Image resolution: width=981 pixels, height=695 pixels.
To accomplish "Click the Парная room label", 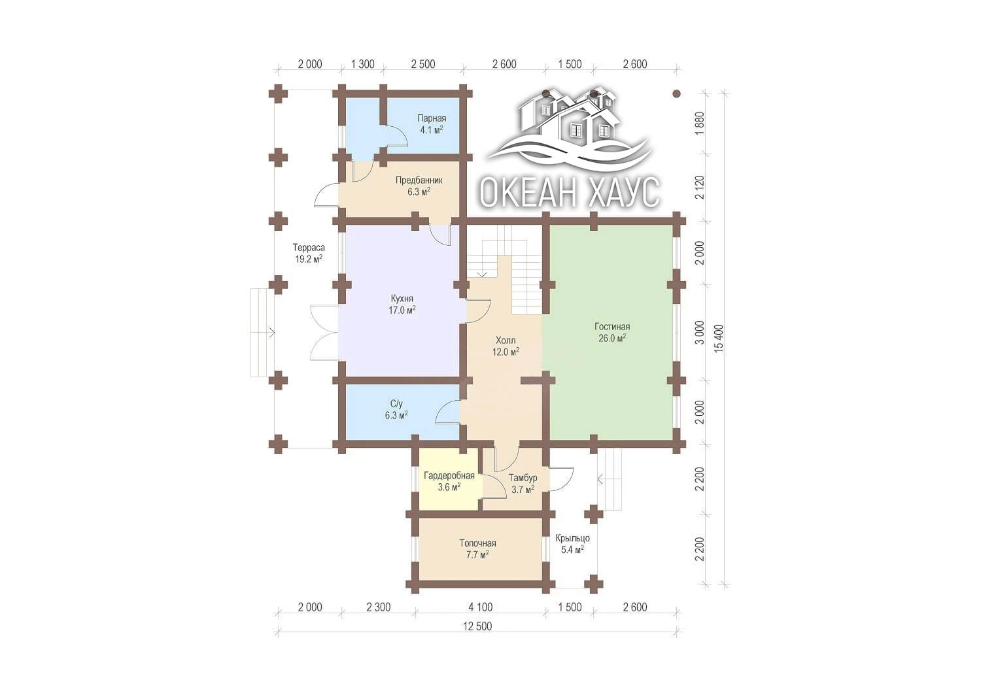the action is coord(432,124).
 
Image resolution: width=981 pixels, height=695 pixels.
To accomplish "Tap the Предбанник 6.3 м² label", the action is coord(419,186).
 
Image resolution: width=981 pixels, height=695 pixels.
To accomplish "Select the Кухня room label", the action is coord(402,305).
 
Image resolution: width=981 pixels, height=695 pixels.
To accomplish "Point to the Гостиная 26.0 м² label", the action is coord(611,332).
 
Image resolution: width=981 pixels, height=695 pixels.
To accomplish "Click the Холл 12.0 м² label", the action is coord(506,346).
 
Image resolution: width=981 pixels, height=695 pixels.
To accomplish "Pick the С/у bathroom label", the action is coord(396,409).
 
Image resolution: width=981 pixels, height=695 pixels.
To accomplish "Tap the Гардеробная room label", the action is coord(449,481).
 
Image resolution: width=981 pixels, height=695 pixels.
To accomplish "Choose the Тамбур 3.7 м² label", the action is coord(523,483).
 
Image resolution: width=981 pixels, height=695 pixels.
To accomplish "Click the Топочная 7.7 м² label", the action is coord(477,549).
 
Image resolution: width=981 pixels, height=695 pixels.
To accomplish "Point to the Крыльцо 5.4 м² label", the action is coord(572,543).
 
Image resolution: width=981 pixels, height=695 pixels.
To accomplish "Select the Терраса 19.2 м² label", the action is coord(309,253).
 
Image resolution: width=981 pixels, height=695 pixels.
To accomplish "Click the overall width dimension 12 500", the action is coord(477,626).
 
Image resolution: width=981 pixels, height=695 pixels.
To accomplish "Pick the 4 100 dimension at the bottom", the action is coord(481,607).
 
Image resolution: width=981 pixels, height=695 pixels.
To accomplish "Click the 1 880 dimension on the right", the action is coord(700,124).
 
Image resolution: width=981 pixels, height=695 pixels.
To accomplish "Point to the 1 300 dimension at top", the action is coord(362,64).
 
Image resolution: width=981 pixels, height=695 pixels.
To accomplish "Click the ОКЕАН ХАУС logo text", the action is coord(570,192).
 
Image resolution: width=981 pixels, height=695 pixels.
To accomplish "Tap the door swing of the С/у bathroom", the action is coord(447,412).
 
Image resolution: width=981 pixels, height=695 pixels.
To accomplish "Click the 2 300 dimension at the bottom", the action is coord(379,607).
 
